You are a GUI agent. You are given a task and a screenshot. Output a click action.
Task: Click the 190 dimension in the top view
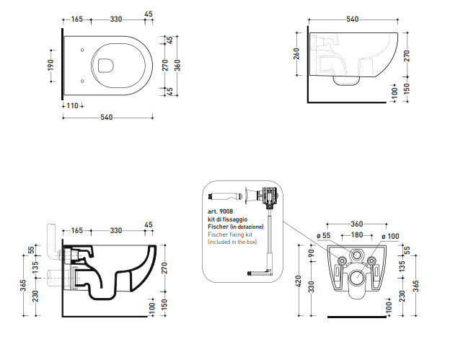tap(50, 65)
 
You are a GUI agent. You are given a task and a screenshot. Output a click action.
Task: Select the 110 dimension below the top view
tap(73, 105)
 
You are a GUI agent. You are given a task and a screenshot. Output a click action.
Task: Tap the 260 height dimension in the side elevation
tap(296, 54)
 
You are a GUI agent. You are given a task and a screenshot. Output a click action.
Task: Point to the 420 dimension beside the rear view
tap(299, 281)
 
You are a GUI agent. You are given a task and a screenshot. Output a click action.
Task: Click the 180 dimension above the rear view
tap(357, 235)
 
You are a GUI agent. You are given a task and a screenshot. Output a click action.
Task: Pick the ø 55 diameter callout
tap(323, 236)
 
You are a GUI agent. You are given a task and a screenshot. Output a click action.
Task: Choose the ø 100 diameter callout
tap(390, 236)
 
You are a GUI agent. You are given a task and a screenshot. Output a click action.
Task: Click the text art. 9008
tap(220, 211)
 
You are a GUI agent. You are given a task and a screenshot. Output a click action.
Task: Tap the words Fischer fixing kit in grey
tap(230, 234)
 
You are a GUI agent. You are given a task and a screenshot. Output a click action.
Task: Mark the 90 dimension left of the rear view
tap(311, 253)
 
